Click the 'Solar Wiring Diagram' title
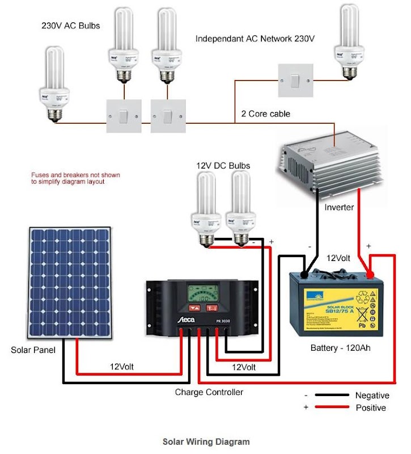click(206, 442)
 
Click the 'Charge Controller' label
click(209, 392)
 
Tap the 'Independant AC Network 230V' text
click(255, 39)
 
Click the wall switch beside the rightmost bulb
click(295, 80)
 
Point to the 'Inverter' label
click(339, 207)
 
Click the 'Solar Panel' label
click(33, 350)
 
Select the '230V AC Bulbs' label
click(71, 26)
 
